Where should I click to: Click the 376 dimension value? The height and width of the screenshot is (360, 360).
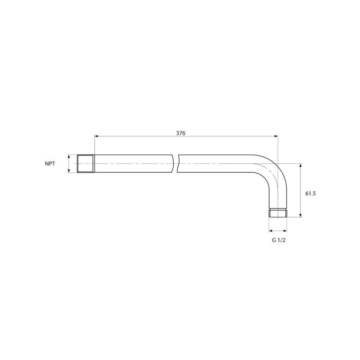[181, 133]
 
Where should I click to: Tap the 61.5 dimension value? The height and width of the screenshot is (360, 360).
[310, 193]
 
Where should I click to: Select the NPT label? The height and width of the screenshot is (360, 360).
[50, 164]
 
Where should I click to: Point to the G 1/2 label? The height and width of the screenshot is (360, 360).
[279, 240]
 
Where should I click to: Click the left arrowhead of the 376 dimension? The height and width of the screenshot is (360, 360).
[96, 136]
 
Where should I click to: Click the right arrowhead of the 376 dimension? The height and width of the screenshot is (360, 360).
[276, 136]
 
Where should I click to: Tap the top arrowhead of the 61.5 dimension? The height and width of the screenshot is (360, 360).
[300, 166]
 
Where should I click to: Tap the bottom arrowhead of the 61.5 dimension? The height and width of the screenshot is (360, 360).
[300, 215]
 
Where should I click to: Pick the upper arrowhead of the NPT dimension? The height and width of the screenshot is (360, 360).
[69, 157]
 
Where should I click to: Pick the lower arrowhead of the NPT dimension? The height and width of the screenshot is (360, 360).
[69, 171]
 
